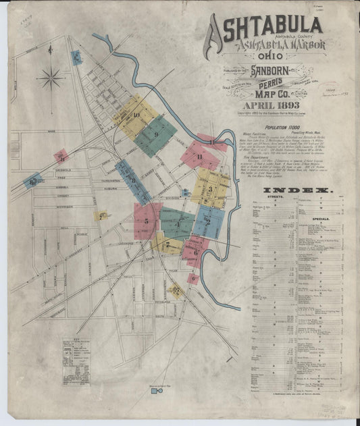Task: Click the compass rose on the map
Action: click(50, 78)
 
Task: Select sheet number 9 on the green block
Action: click(156, 134)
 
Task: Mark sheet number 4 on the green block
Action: click(177, 225)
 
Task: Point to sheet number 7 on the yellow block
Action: click(167, 244)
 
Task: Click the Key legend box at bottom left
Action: click(76, 352)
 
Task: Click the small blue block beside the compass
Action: click(76, 57)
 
